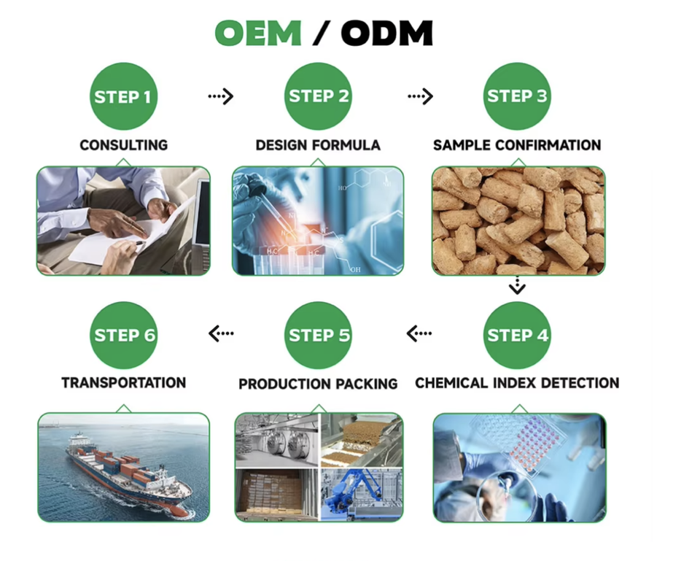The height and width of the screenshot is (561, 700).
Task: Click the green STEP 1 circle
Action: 124,96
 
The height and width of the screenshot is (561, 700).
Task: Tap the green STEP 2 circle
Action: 319,96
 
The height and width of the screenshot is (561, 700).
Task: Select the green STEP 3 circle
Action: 517,96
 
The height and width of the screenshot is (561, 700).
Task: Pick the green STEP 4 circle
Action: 517,336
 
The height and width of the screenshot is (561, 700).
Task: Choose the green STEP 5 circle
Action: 319,336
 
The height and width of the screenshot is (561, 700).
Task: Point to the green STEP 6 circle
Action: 124,336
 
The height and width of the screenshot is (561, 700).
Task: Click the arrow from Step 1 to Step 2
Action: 220,96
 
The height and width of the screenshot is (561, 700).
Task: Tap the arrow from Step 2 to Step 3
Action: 420,96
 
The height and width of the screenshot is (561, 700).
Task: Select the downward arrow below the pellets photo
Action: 517,286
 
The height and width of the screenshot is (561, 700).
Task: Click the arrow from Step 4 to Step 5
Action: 419,333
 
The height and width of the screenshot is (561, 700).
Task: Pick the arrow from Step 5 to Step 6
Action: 221,333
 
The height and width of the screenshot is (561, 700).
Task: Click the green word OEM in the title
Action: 258,33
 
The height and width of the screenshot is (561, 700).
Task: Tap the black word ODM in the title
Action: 387,33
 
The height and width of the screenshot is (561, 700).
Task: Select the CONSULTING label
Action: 124,145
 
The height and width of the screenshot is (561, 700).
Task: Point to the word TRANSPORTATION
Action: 124,382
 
